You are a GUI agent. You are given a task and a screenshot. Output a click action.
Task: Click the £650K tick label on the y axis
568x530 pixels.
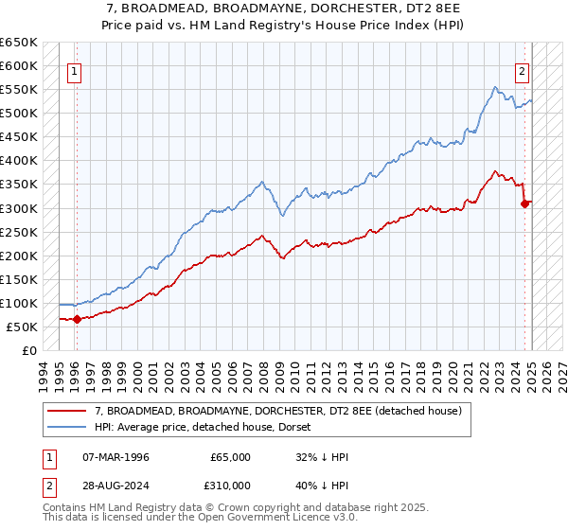pyautogui.click(x=19, y=43)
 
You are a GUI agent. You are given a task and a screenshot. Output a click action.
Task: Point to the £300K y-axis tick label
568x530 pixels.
pyautogui.click(x=19, y=208)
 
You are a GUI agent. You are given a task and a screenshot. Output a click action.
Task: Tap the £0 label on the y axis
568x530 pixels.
pyautogui.click(x=29, y=350)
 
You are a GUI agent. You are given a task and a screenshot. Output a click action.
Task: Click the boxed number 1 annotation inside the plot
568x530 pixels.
pyautogui.click(x=74, y=69)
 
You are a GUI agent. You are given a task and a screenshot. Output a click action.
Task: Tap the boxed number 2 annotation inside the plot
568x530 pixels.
pyautogui.click(x=522, y=69)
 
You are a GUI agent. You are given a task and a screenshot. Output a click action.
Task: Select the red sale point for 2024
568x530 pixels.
pyautogui.click(x=525, y=203)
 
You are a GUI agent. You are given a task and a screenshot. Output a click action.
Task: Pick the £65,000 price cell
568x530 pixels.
pyautogui.click(x=230, y=457)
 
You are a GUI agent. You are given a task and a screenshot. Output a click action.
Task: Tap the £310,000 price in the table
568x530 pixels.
pyautogui.click(x=230, y=486)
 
